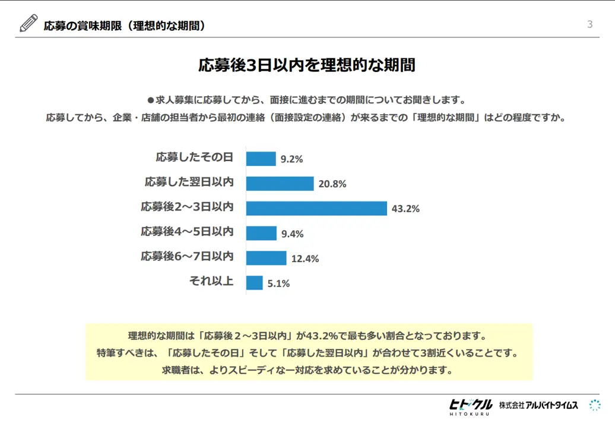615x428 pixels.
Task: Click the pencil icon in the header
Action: point(28,23)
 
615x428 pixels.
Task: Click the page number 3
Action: point(589,24)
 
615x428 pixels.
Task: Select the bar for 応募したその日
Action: point(261,159)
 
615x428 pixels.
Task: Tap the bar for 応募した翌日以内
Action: point(280,184)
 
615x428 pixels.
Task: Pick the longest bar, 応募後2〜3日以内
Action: point(316,208)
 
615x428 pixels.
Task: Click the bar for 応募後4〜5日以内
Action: point(261,233)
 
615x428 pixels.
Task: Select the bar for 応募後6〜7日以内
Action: point(266,258)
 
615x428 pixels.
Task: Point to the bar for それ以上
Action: point(254,283)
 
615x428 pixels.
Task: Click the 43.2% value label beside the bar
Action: point(405,209)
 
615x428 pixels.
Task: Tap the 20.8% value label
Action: point(332,184)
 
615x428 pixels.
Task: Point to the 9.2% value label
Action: point(291,159)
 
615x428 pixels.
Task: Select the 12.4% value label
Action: point(305,259)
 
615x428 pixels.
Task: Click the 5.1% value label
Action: point(278,284)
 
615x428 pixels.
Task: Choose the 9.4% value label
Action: point(292,234)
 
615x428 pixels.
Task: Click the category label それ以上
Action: point(211,281)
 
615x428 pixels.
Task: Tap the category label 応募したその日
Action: point(194,157)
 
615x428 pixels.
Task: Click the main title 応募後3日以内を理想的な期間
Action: point(307,65)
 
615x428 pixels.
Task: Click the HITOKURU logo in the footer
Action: point(470,406)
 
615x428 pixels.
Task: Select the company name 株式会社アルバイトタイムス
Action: point(538,405)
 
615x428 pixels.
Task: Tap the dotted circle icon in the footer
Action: point(594,405)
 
